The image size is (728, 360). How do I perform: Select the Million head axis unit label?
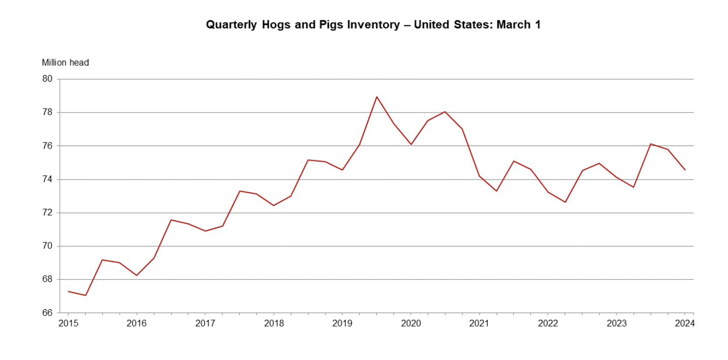click(x=65, y=63)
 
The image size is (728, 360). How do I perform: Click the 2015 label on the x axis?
click(x=68, y=323)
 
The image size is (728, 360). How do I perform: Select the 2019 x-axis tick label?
click(x=342, y=323)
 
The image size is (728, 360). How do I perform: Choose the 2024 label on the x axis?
click(x=685, y=323)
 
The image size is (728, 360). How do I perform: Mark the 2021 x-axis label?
click(x=479, y=323)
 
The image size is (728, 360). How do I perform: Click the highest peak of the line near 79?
click(x=377, y=96)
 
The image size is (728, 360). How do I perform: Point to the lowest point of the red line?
click(x=85, y=295)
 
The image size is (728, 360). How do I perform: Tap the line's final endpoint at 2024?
click(x=685, y=170)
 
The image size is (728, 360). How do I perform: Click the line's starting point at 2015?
click(x=68, y=291)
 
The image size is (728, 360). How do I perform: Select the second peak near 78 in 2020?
click(x=445, y=112)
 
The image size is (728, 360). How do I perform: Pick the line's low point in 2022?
click(x=565, y=202)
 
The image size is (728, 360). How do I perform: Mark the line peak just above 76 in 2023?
click(x=650, y=144)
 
